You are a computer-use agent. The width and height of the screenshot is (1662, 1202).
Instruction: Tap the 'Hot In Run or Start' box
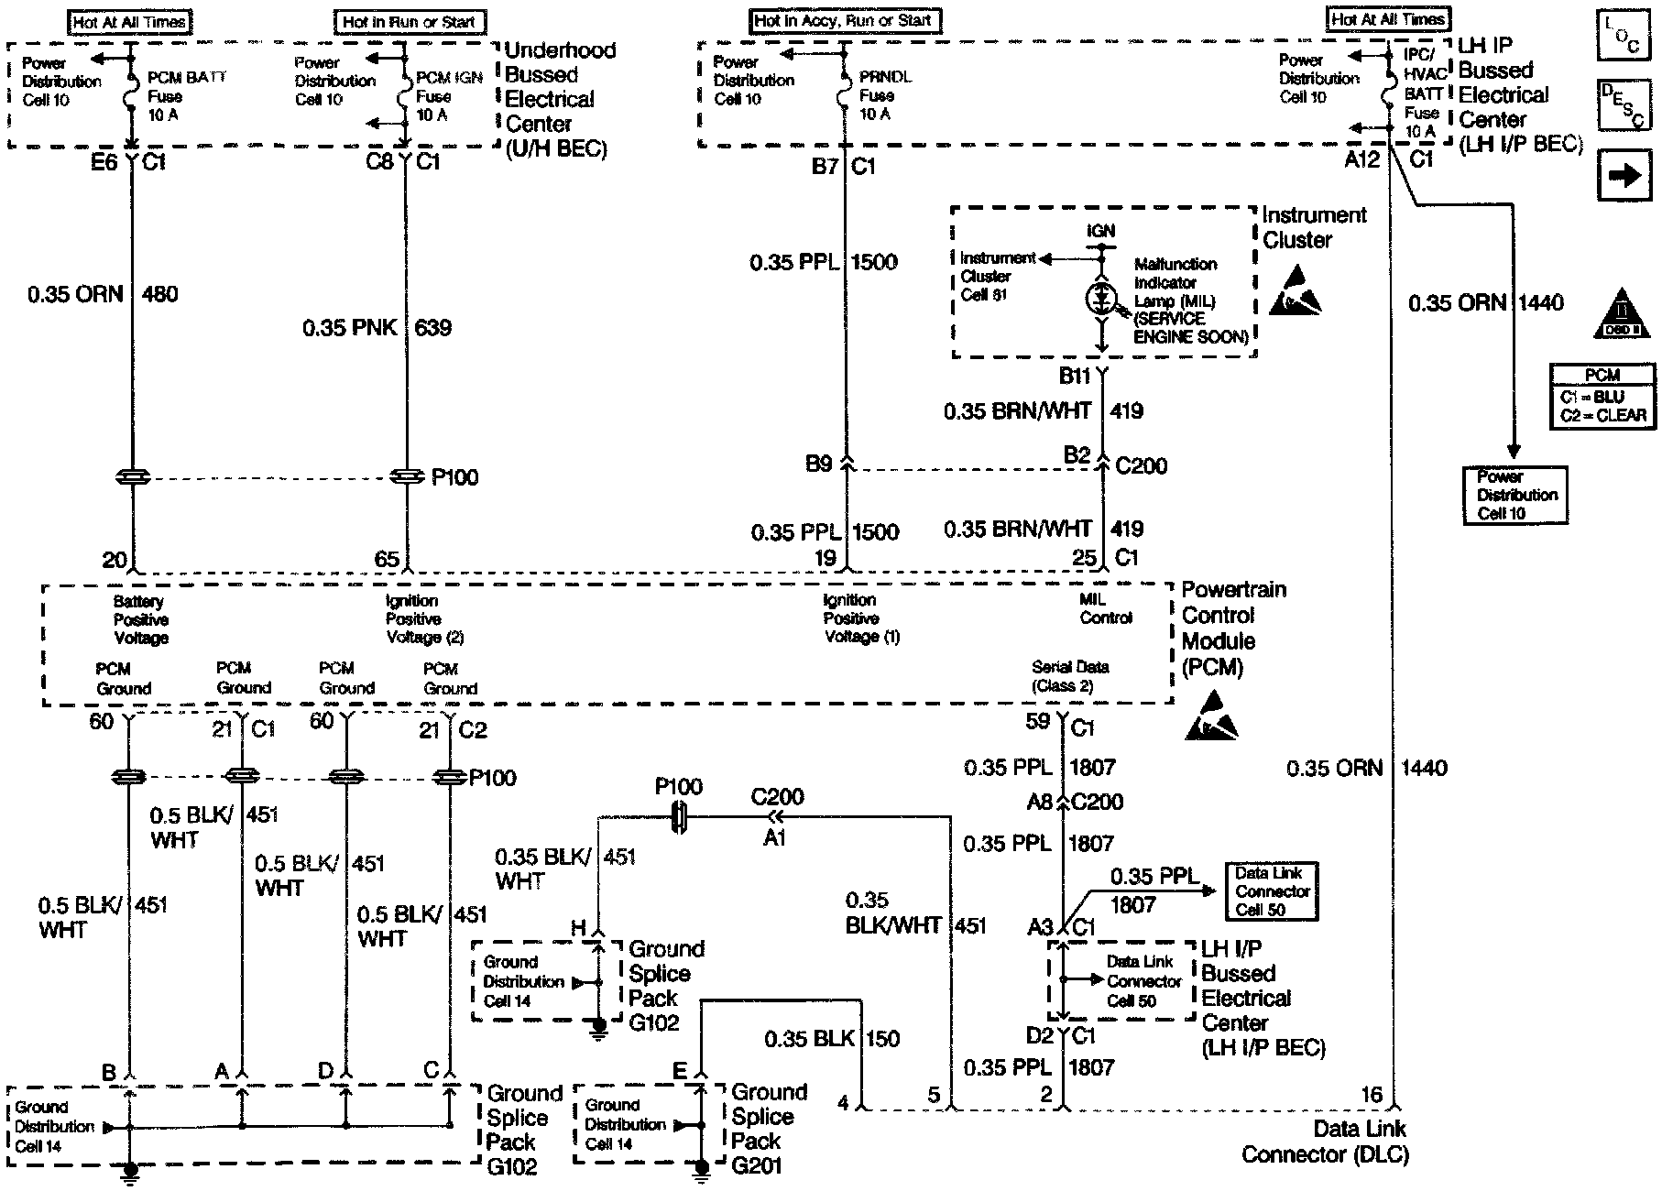pos(410,22)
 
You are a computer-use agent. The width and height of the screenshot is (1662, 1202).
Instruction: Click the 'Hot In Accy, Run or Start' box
pos(845,20)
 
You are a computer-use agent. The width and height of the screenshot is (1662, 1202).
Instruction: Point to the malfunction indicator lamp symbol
pos(1100,299)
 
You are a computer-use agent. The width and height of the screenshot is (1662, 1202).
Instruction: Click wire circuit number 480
pos(160,295)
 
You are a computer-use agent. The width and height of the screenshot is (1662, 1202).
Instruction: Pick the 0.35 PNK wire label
pos(349,328)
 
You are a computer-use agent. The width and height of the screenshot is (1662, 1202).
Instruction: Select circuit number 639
pos(433,328)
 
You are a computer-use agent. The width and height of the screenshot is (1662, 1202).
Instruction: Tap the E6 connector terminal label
pos(104,163)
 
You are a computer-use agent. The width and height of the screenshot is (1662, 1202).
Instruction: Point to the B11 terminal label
pos(1074,376)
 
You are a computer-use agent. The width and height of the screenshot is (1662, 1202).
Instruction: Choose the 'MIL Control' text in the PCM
pos(1105,609)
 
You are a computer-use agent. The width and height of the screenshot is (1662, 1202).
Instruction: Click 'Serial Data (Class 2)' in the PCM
pos(1069,676)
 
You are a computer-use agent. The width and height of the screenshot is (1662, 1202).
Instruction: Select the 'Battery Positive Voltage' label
pos(140,619)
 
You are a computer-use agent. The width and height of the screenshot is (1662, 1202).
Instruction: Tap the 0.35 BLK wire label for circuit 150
pos(809,1039)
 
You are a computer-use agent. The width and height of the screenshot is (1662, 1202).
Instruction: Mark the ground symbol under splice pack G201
pos(701,1169)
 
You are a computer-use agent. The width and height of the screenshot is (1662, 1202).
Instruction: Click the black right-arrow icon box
pos(1624,176)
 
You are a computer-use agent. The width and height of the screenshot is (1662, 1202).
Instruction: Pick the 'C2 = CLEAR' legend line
pos(1602,415)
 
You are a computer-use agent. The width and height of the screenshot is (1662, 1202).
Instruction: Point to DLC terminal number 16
pos(1371,1094)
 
